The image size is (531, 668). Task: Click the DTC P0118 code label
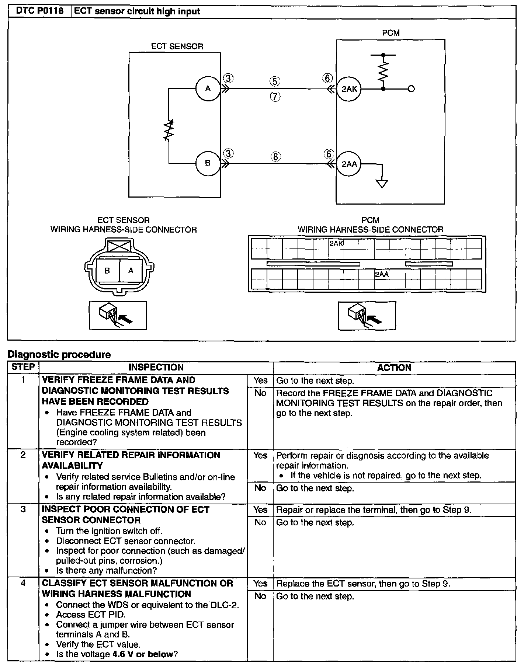39,11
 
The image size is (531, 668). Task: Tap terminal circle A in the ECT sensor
208,88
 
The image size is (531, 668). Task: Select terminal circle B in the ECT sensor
208,163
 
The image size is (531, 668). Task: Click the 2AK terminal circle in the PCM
349,89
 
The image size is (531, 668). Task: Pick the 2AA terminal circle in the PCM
349,164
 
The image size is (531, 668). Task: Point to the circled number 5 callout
275,81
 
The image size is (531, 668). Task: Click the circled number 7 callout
275,97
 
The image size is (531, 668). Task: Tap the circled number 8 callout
275,156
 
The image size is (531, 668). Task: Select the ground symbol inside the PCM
382,183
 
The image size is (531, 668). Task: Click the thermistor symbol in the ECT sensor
169,130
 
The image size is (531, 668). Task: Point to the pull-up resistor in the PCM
383,72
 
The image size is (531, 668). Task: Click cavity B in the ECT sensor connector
107,271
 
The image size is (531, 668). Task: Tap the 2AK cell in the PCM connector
336,244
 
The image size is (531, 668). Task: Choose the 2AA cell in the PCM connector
382,274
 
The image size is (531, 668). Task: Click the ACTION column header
394,368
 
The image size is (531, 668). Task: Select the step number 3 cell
23,509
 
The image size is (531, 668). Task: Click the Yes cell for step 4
260,584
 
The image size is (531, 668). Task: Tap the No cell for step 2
260,488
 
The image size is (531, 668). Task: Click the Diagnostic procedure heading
59,355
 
